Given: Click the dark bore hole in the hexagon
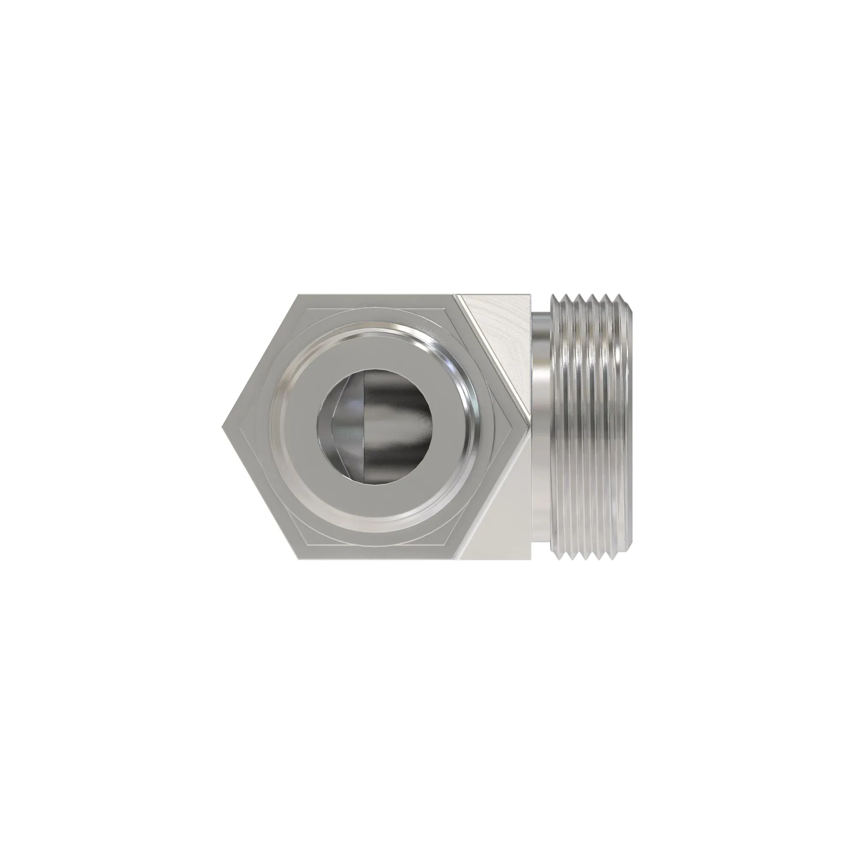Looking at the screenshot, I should click(x=376, y=427).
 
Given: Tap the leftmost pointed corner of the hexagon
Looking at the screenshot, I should click(x=222, y=427).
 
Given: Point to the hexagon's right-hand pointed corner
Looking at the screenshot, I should click(x=529, y=427).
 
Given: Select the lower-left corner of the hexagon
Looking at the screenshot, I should click(x=299, y=559).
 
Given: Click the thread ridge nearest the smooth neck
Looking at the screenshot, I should click(x=555, y=427).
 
